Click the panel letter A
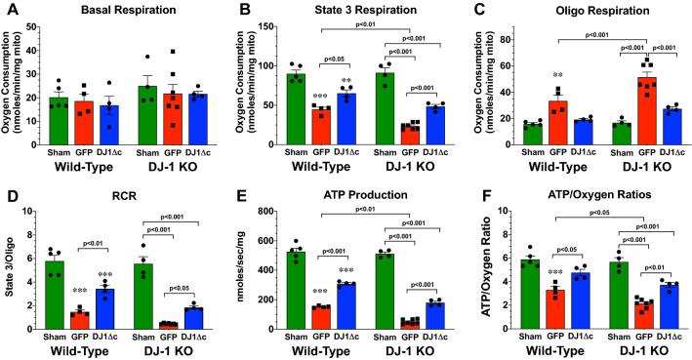click(8, 10)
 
